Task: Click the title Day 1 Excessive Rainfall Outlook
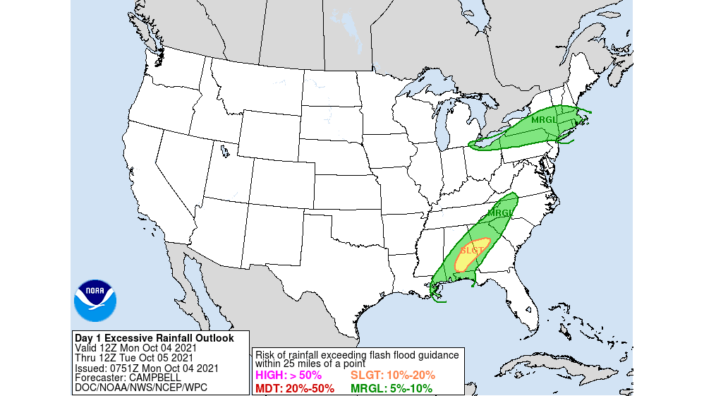pyautogui.click(x=154, y=338)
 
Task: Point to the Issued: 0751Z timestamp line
pyautogui.click(x=146, y=368)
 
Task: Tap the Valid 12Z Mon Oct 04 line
pyautogui.click(x=135, y=348)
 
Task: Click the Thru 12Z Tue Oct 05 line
pyautogui.click(x=135, y=358)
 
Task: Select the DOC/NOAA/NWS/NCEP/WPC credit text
pyautogui.click(x=141, y=388)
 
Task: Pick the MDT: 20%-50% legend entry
pyautogui.click(x=294, y=388)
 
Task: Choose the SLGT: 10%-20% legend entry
pyautogui.click(x=393, y=375)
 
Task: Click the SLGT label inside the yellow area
pyautogui.click(x=472, y=251)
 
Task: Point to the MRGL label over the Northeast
pyautogui.click(x=545, y=119)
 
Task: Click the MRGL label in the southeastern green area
pyautogui.click(x=499, y=213)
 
